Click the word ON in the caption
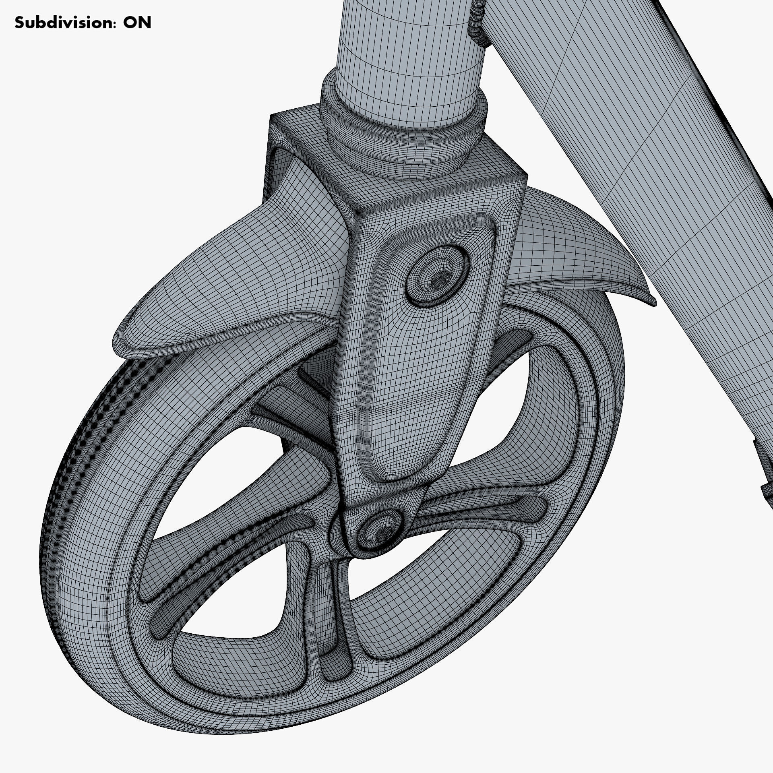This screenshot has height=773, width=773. click(x=137, y=23)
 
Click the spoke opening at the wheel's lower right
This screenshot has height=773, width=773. click(x=435, y=596)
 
